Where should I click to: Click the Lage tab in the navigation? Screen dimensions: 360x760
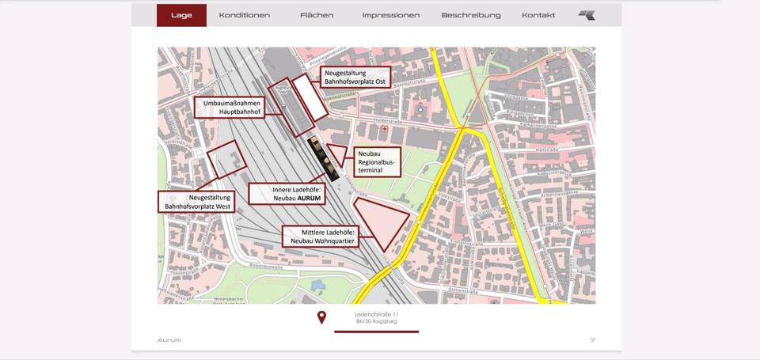[181, 15]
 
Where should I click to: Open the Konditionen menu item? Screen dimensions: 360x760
[244, 15]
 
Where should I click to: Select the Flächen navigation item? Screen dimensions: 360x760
[317, 15]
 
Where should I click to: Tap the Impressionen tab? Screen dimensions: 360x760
[390, 15]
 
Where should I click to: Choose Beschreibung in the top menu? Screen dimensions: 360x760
[471, 15]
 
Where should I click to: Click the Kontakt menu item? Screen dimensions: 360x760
[538, 15]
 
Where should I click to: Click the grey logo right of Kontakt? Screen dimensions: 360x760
[587, 15]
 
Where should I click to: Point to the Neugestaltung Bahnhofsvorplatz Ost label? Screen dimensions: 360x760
[355, 78]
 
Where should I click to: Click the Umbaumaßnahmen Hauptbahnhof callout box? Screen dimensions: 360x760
[230, 108]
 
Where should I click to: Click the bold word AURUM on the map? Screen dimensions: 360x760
[308, 199]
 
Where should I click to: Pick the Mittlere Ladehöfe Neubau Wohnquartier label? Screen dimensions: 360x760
[321, 236]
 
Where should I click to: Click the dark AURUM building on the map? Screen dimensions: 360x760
[324, 157]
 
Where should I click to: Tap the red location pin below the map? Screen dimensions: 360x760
[321, 318]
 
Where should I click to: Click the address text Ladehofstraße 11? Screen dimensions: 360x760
[377, 314]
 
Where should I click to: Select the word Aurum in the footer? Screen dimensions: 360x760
[169, 340]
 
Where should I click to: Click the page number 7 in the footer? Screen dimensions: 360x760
[592, 340]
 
